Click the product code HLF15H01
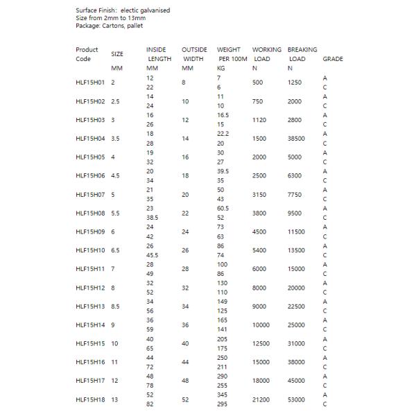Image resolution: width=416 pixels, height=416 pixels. click(x=90, y=83)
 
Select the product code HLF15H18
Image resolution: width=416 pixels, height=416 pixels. click(x=90, y=399)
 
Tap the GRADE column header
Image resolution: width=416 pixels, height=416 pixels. click(x=333, y=59)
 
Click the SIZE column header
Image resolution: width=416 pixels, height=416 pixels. click(x=118, y=53)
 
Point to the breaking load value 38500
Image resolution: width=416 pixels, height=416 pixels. click(x=297, y=139)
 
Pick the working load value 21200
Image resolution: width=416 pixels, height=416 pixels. click(x=263, y=399)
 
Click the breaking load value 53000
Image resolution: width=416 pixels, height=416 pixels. click(x=297, y=399)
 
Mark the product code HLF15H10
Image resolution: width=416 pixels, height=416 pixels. click(x=90, y=250)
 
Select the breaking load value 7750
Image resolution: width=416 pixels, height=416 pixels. click(x=295, y=195)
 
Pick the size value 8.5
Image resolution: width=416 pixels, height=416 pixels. click(x=116, y=306)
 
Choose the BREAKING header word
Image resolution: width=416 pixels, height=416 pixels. click(x=302, y=50)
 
